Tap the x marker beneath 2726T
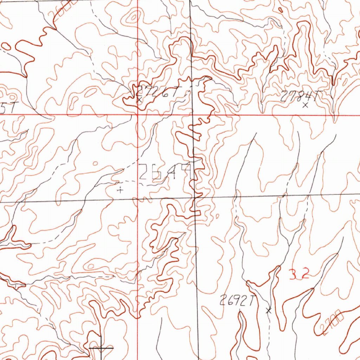coord(140,100)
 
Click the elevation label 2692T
coord(237,301)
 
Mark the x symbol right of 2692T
coord(269,310)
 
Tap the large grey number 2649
coord(167,172)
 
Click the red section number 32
coord(299,274)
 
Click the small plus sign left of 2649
coord(120,190)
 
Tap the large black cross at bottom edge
coord(101,348)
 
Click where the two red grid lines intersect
coord(137,114)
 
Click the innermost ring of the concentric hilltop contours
coord(134,17)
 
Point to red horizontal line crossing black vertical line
coord(192,114)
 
